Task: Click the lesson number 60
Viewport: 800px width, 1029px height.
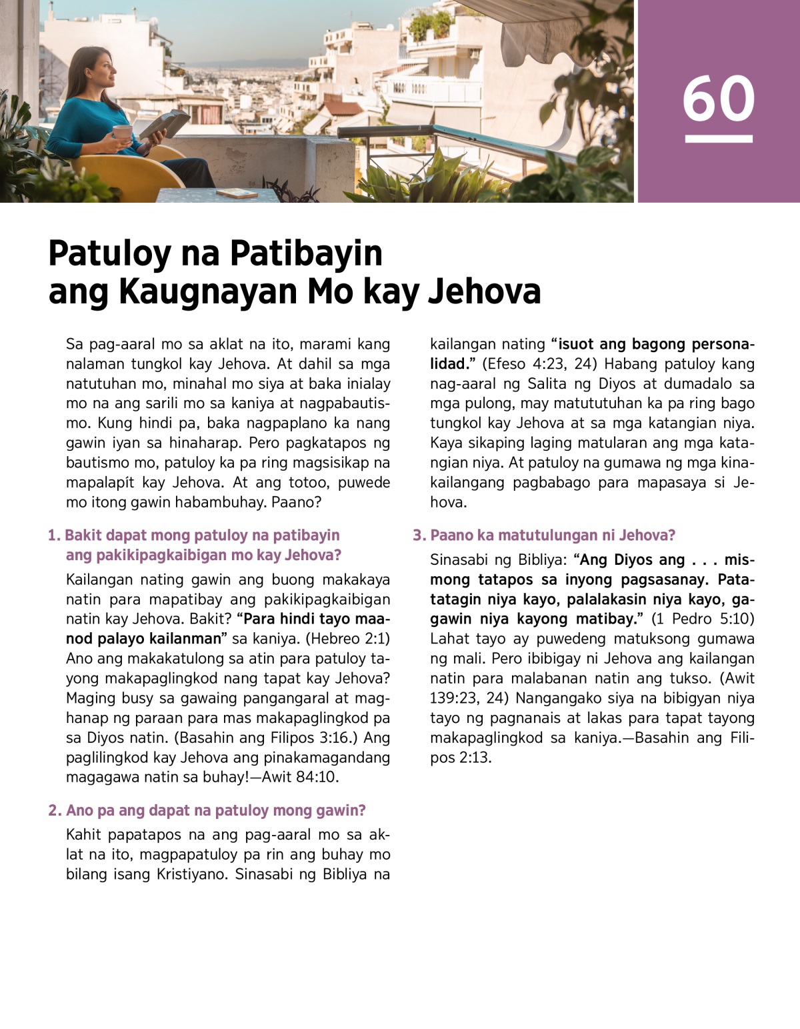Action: click(718, 99)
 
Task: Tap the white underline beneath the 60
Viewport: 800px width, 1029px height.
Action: click(718, 139)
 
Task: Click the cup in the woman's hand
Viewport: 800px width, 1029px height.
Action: click(122, 132)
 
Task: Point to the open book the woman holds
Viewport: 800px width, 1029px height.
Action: click(163, 123)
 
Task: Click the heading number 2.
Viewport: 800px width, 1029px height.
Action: click(54, 811)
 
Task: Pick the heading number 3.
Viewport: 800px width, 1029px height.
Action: click(419, 536)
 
